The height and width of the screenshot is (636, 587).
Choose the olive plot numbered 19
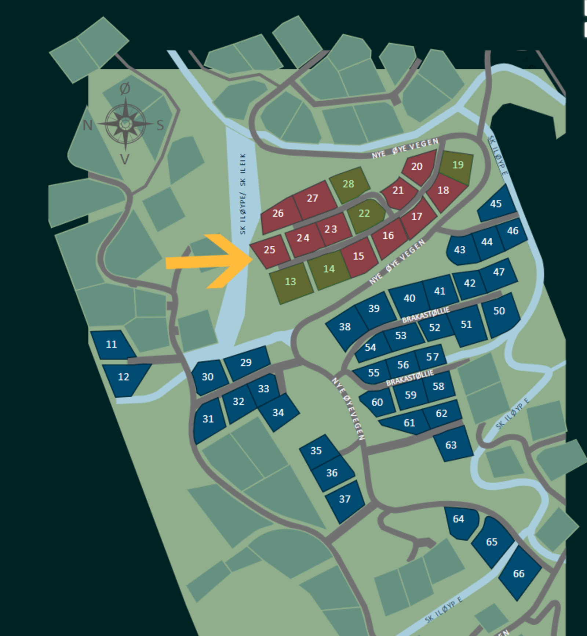pyautogui.click(x=457, y=166)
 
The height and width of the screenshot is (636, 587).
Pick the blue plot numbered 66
pyautogui.click(x=519, y=573)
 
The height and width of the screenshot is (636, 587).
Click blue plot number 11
pyautogui.click(x=112, y=344)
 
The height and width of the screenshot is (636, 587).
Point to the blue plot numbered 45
pyautogui.click(x=496, y=204)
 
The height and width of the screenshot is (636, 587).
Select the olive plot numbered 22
pyautogui.click(x=365, y=214)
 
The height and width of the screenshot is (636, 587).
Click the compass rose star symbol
pyautogui.click(x=125, y=123)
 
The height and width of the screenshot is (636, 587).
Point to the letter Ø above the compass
pyautogui.click(x=125, y=88)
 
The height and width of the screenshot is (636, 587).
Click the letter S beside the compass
pyautogui.click(x=160, y=126)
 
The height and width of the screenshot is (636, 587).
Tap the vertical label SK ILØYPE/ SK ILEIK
pyautogui.click(x=243, y=194)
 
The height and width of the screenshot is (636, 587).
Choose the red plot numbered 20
pyautogui.click(x=417, y=167)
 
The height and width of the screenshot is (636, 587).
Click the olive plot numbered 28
pyautogui.click(x=349, y=184)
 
